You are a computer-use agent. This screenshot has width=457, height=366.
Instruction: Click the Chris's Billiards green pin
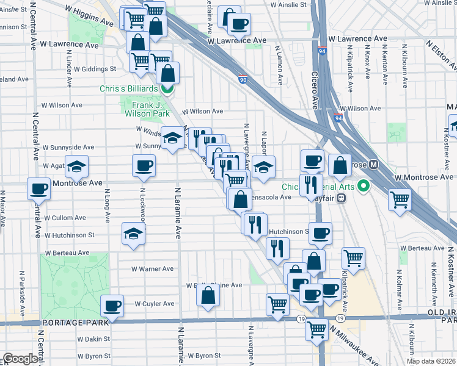click(x=166, y=88)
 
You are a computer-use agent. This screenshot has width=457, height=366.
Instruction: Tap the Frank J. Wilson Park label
click(x=147, y=109)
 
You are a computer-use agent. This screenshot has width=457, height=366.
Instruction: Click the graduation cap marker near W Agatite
click(x=76, y=167)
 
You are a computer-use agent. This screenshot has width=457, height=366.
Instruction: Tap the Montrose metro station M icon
click(x=373, y=165)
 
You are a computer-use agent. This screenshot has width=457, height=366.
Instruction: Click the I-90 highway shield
click(x=243, y=79)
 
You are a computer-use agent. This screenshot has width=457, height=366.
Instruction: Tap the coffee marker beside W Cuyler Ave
click(x=112, y=306)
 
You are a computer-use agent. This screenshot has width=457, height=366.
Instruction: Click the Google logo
click(x=20, y=359)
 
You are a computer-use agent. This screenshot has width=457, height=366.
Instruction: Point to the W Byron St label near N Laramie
click(x=204, y=356)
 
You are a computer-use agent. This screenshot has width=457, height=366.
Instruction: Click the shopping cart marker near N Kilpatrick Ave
click(x=354, y=259)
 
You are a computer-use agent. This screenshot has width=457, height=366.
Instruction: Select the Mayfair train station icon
click(x=342, y=198)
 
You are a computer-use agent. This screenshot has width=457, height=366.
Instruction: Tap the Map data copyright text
click(x=431, y=361)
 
